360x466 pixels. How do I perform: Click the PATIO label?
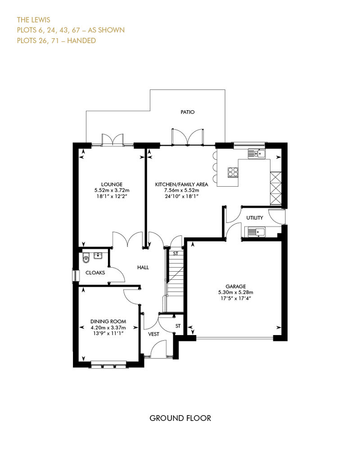(x=188, y=112)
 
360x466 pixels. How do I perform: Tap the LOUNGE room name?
(x=112, y=184)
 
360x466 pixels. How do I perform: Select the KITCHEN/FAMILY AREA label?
(x=181, y=184)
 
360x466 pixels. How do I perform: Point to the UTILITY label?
(x=255, y=218)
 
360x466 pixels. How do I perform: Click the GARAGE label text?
(x=236, y=287)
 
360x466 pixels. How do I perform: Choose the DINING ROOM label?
(x=108, y=322)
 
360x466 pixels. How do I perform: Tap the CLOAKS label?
(x=95, y=273)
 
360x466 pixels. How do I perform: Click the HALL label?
(x=143, y=268)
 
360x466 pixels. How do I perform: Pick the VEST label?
(x=154, y=334)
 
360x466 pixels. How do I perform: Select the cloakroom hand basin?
(x=98, y=255)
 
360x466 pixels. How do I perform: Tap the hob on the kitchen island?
(x=233, y=172)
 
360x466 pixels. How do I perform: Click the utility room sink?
(x=255, y=232)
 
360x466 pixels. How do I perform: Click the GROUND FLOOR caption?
(x=180, y=418)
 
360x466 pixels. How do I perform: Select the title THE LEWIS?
(x=34, y=20)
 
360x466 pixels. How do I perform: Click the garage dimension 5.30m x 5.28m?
(x=236, y=292)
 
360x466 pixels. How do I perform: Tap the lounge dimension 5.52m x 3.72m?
(x=112, y=190)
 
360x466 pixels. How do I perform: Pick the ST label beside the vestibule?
(x=178, y=326)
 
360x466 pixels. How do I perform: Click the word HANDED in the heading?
(x=81, y=40)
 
